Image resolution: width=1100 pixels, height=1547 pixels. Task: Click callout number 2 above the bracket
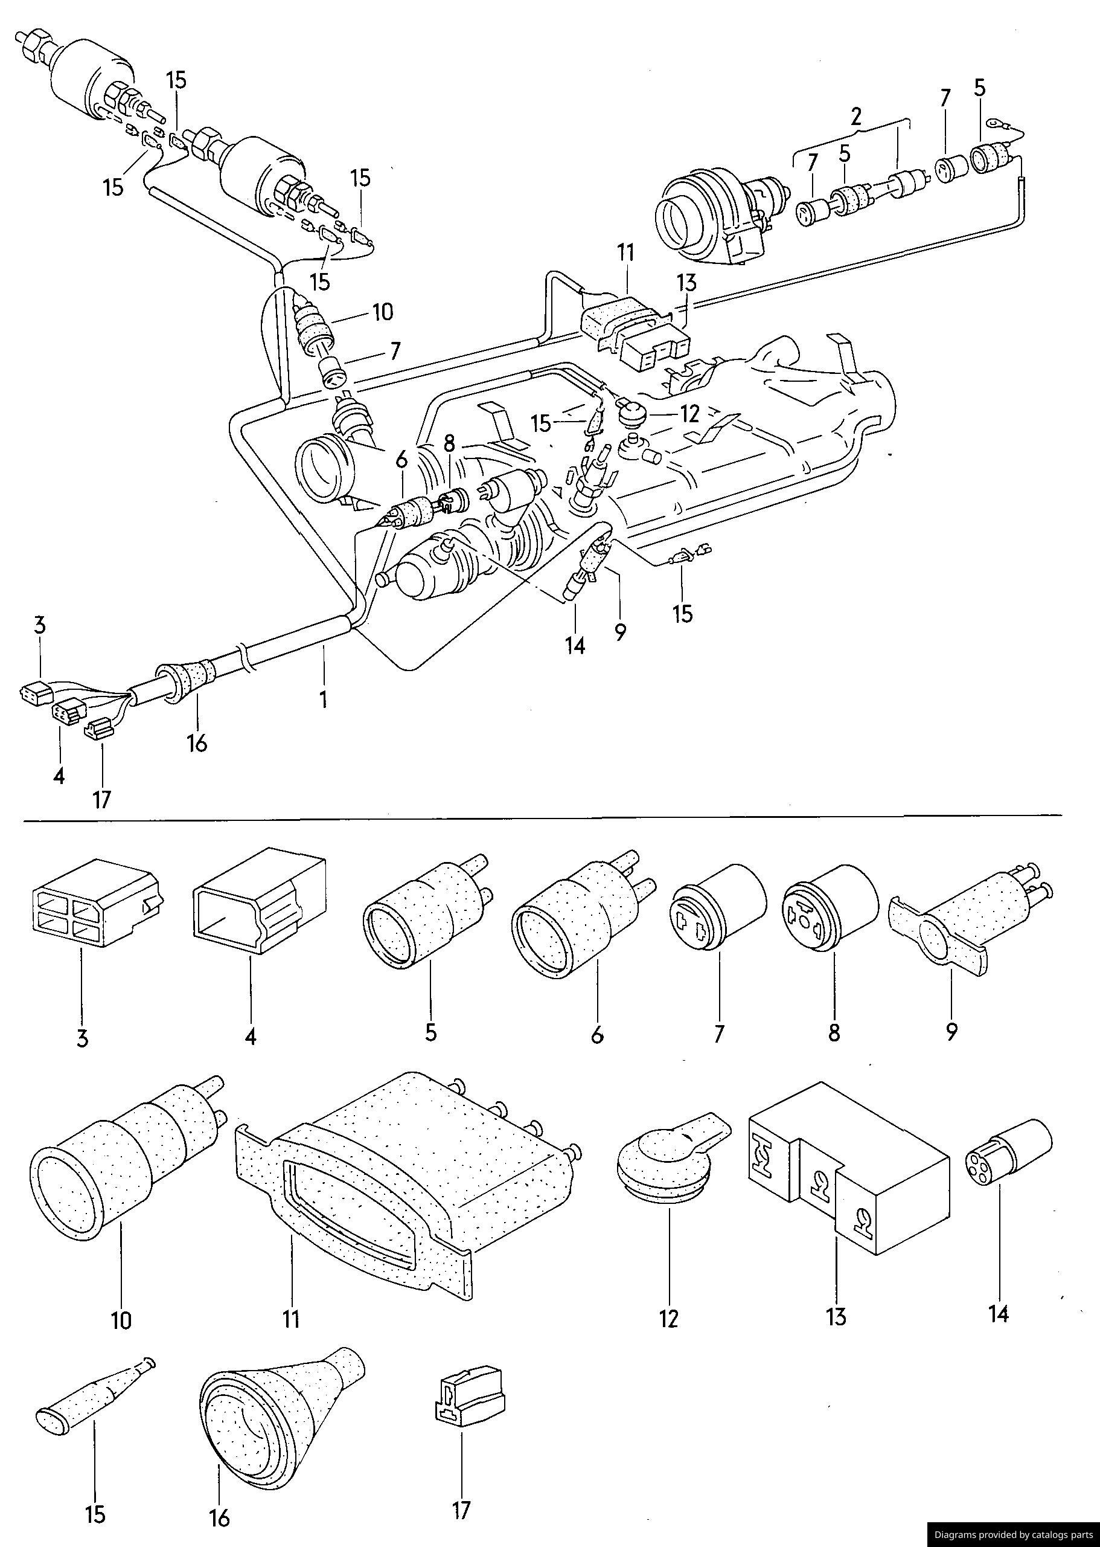click(x=856, y=117)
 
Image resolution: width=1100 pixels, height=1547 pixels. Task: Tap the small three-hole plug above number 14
click(x=1007, y=1162)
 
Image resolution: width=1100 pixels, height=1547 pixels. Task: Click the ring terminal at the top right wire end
click(x=994, y=123)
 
